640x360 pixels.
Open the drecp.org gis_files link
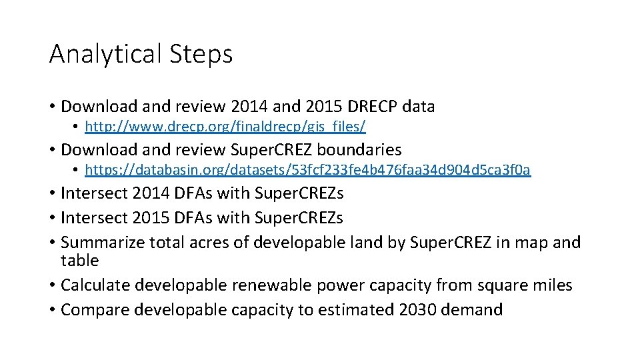(x=225, y=126)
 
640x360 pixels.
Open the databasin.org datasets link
(x=308, y=170)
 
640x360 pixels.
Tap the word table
(x=79, y=260)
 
